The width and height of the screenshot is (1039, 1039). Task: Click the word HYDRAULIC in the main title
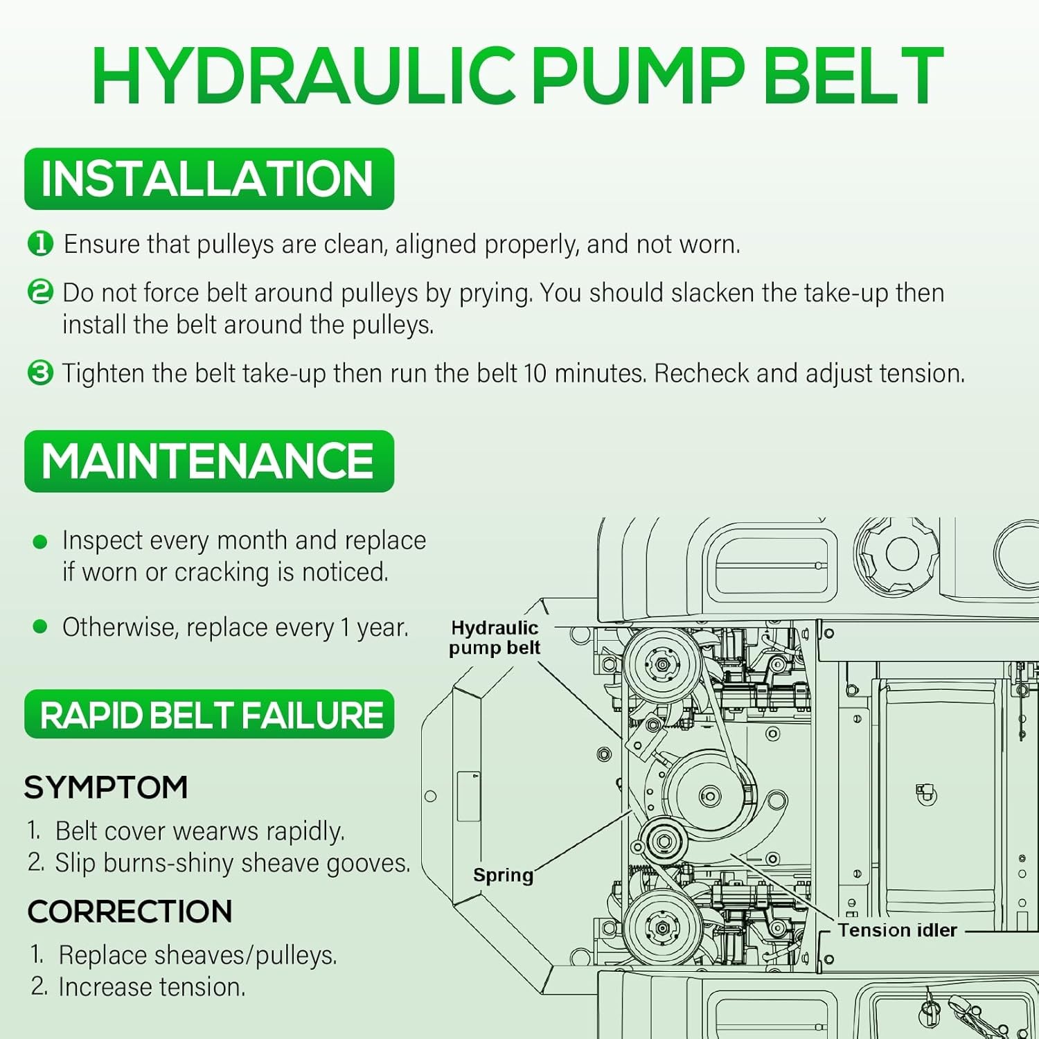pyautogui.click(x=304, y=76)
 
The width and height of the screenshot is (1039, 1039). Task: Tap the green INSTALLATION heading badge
pyautogui.click(x=209, y=179)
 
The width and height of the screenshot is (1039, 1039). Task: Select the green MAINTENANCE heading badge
pyautogui.click(x=209, y=461)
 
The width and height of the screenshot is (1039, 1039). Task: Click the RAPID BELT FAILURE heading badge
pyautogui.click(x=209, y=714)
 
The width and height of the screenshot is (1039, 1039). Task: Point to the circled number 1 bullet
pyautogui.click(x=40, y=244)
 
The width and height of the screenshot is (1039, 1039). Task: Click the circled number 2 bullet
pyautogui.click(x=40, y=292)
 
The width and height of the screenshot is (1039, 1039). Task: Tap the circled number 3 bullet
pyautogui.click(x=40, y=373)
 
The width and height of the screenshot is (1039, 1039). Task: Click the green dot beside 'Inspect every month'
pyautogui.click(x=40, y=542)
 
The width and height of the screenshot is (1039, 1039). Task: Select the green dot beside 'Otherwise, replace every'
pyautogui.click(x=40, y=627)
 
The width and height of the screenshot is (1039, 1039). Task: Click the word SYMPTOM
pyautogui.click(x=106, y=788)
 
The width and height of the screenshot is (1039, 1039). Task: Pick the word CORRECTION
pyautogui.click(x=130, y=912)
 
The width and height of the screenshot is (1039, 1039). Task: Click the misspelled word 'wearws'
pyautogui.click(x=214, y=831)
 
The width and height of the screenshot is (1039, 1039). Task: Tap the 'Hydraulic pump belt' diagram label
pyautogui.click(x=495, y=637)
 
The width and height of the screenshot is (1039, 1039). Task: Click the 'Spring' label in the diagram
pyautogui.click(x=504, y=876)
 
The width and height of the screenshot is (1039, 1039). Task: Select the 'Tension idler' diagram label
pyautogui.click(x=898, y=930)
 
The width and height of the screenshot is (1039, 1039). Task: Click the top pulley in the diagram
pyautogui.click(x=663, y=664)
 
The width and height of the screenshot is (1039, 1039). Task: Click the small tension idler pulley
pyautogui.click(x=664, y=841)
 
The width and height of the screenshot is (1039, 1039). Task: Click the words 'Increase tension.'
pyautogui.click(x=152, y=987)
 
